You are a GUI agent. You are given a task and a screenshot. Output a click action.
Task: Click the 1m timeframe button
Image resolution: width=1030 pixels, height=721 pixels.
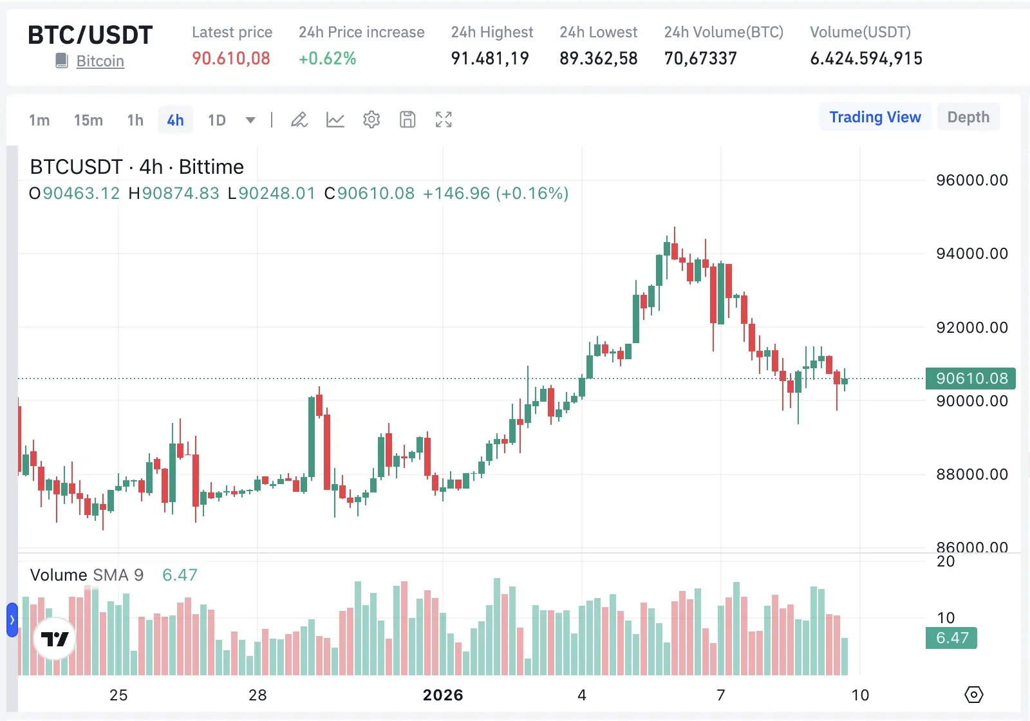click(x=39, y=120)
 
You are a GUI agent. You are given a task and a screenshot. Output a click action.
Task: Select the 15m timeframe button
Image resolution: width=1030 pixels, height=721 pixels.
click(x=88, y=120)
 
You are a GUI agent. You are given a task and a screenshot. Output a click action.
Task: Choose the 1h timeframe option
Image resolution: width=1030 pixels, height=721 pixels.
click(x=135, y=120)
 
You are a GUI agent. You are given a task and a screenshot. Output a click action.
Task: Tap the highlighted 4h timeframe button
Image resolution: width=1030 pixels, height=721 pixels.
click(x=175, y=120)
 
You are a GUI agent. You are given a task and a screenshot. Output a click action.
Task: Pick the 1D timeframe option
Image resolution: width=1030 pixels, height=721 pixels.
click(x=217, y=120)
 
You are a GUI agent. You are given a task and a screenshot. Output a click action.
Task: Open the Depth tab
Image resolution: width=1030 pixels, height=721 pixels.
click(x=968, y=117)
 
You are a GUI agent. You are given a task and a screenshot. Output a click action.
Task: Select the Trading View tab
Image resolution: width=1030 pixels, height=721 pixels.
click(x=875, y=117)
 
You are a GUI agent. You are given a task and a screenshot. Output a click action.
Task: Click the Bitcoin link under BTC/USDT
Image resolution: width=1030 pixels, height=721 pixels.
click(x=100, y=61)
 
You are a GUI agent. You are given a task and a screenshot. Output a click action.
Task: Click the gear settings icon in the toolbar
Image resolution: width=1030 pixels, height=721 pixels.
click(x=371, y=120)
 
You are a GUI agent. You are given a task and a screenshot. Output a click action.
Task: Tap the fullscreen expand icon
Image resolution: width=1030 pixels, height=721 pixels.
click(x=444, y=120)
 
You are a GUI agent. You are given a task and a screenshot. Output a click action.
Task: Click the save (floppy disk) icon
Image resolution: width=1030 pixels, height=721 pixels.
click(x=407, y=120)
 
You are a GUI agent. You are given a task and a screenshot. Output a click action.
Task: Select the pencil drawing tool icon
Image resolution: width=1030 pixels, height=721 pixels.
click(x=299, y=120)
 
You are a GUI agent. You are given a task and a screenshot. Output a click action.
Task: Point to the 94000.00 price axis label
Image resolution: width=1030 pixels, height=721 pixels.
click(x=971, y=254)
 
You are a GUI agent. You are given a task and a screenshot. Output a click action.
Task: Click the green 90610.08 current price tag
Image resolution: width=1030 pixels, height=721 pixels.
click(x=970, y=379)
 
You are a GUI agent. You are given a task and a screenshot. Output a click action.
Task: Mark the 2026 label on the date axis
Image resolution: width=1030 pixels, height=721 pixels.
click(x=443, y=695)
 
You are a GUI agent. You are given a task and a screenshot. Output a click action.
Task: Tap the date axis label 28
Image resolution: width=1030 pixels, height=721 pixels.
click(x=257, y=695)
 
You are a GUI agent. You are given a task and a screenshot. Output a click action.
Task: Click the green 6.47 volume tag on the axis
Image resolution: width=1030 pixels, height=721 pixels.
click(x=951, y=638)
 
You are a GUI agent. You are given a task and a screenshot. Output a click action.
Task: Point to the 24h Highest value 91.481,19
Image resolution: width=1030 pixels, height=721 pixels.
click(x=490, y=59)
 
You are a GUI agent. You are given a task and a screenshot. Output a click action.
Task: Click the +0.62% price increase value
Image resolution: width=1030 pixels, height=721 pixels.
click(x=327, y=59)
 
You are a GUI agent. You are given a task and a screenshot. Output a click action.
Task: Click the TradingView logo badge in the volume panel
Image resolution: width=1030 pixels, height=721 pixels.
click(x=55, y=639)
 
